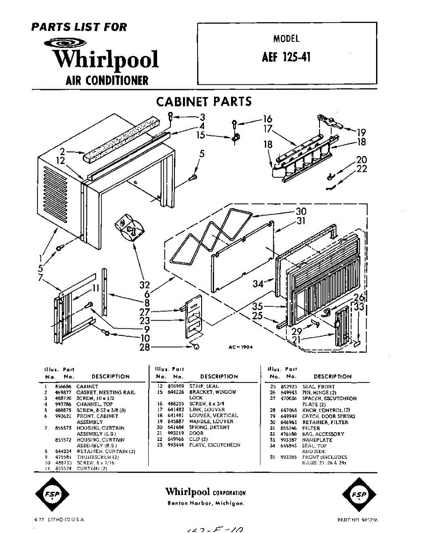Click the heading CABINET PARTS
click(204, 102)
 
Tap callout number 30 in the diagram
click(301, 212)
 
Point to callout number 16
click(267, 119)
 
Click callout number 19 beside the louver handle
click(361, 132)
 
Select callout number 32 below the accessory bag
click(144, 285)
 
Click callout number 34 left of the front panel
click(258, 284)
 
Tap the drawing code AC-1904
click(240, 347)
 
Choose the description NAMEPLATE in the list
click(317, 440)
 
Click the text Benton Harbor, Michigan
click(206, 503)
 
